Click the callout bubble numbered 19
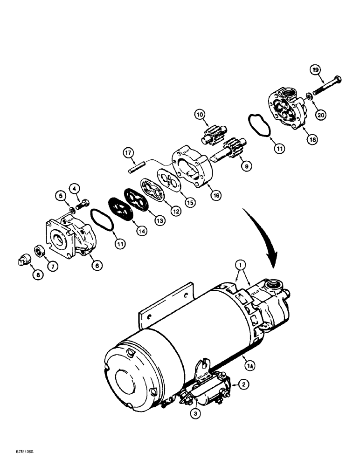click(x=316, y=70)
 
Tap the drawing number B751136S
click(x=17, y=453)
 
